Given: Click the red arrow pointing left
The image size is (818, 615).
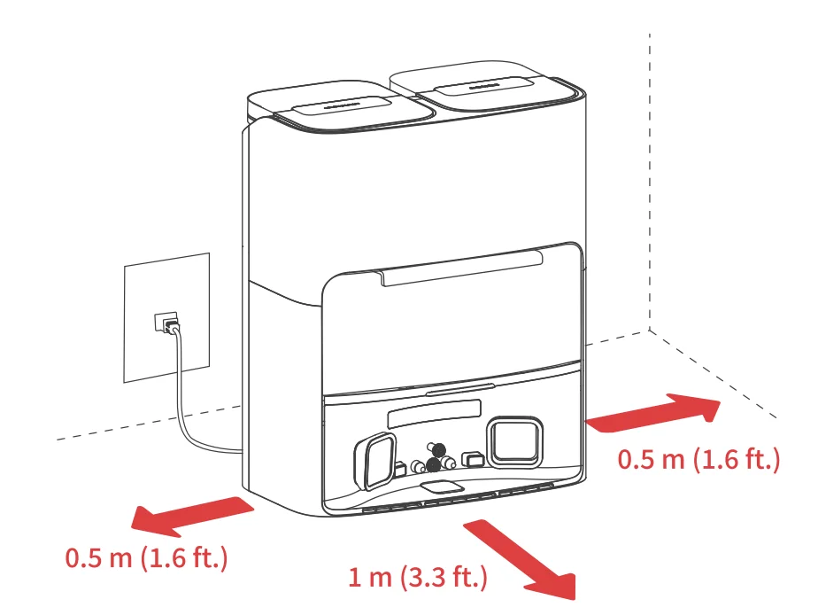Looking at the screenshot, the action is tap(192, 517).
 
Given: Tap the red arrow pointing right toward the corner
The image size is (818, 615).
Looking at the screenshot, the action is tap(653, 412).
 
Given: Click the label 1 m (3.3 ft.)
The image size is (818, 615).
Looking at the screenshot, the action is tap(417, 578).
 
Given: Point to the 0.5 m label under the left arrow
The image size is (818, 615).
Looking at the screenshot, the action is tap(147, 557).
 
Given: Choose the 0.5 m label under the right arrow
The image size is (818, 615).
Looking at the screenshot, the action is tap(698, 459).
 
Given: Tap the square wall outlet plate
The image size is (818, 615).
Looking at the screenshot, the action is tap(167, 317).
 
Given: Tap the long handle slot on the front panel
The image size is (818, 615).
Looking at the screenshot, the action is tap(462, 268).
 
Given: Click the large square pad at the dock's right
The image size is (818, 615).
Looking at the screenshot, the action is tap(514, 442).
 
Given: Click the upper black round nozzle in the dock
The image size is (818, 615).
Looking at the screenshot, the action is tap(438, 449).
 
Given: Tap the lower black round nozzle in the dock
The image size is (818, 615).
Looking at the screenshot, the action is tap(434, 465).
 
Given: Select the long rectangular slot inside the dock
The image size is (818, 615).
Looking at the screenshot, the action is tap(434, 410).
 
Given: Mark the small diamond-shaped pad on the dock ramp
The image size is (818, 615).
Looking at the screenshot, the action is tap(442, 487).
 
